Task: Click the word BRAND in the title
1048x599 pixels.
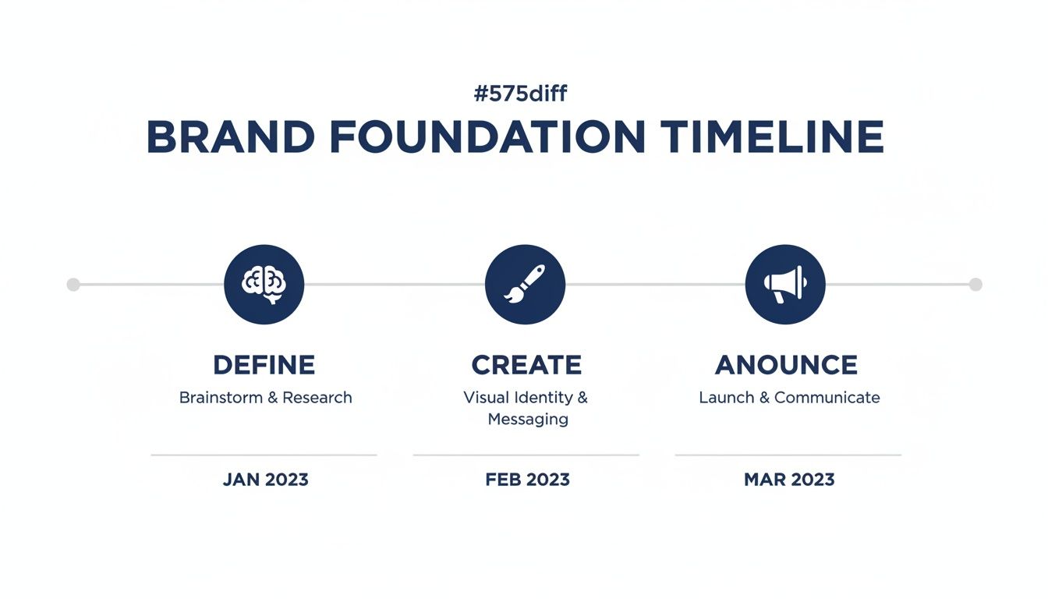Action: (230, 138)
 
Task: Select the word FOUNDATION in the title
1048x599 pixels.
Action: (487, 138)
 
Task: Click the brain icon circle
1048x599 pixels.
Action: (264, 284)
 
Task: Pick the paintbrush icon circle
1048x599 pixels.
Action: (525, 284)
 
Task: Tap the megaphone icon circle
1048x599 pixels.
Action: (785, 284)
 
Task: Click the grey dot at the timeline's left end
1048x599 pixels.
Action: (73, 284)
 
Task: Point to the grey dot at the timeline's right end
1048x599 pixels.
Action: (975, 284)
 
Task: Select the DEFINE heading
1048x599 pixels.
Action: (264, 365)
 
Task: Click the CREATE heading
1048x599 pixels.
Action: (526, 365)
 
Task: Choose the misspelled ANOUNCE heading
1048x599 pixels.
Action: (786, 365)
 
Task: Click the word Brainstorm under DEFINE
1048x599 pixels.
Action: (221, 398)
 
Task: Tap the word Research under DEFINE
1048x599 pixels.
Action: (317, 398)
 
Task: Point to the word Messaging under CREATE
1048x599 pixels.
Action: (528, 420)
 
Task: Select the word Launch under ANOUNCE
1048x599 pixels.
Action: (726, 398)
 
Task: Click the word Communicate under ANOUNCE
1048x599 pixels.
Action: (827, 398)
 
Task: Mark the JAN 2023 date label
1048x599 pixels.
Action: (265, 480)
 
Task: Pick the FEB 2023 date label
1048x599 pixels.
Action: (527, 480)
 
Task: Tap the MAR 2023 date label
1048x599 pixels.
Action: (789, 480)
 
